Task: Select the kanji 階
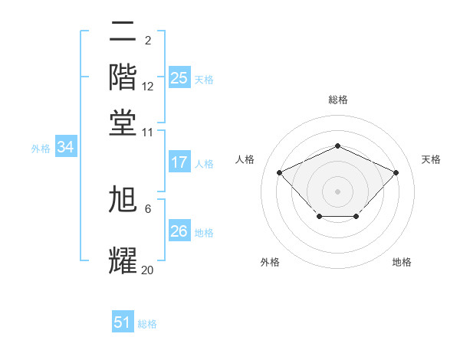123,77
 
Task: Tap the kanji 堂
123,122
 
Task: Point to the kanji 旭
123,201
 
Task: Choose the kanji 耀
123,260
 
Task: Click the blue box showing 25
179,77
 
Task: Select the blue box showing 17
179,162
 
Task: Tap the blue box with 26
179,231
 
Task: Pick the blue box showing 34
65,148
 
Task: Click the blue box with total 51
123,322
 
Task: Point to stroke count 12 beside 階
148,87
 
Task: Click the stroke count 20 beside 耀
148,270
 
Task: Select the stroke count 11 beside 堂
148,132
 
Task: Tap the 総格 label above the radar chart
338,100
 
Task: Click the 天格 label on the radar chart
431,159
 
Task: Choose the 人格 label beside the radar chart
245,159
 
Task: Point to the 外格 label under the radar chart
270,262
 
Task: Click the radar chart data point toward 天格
396,172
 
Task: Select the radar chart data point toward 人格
280,172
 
